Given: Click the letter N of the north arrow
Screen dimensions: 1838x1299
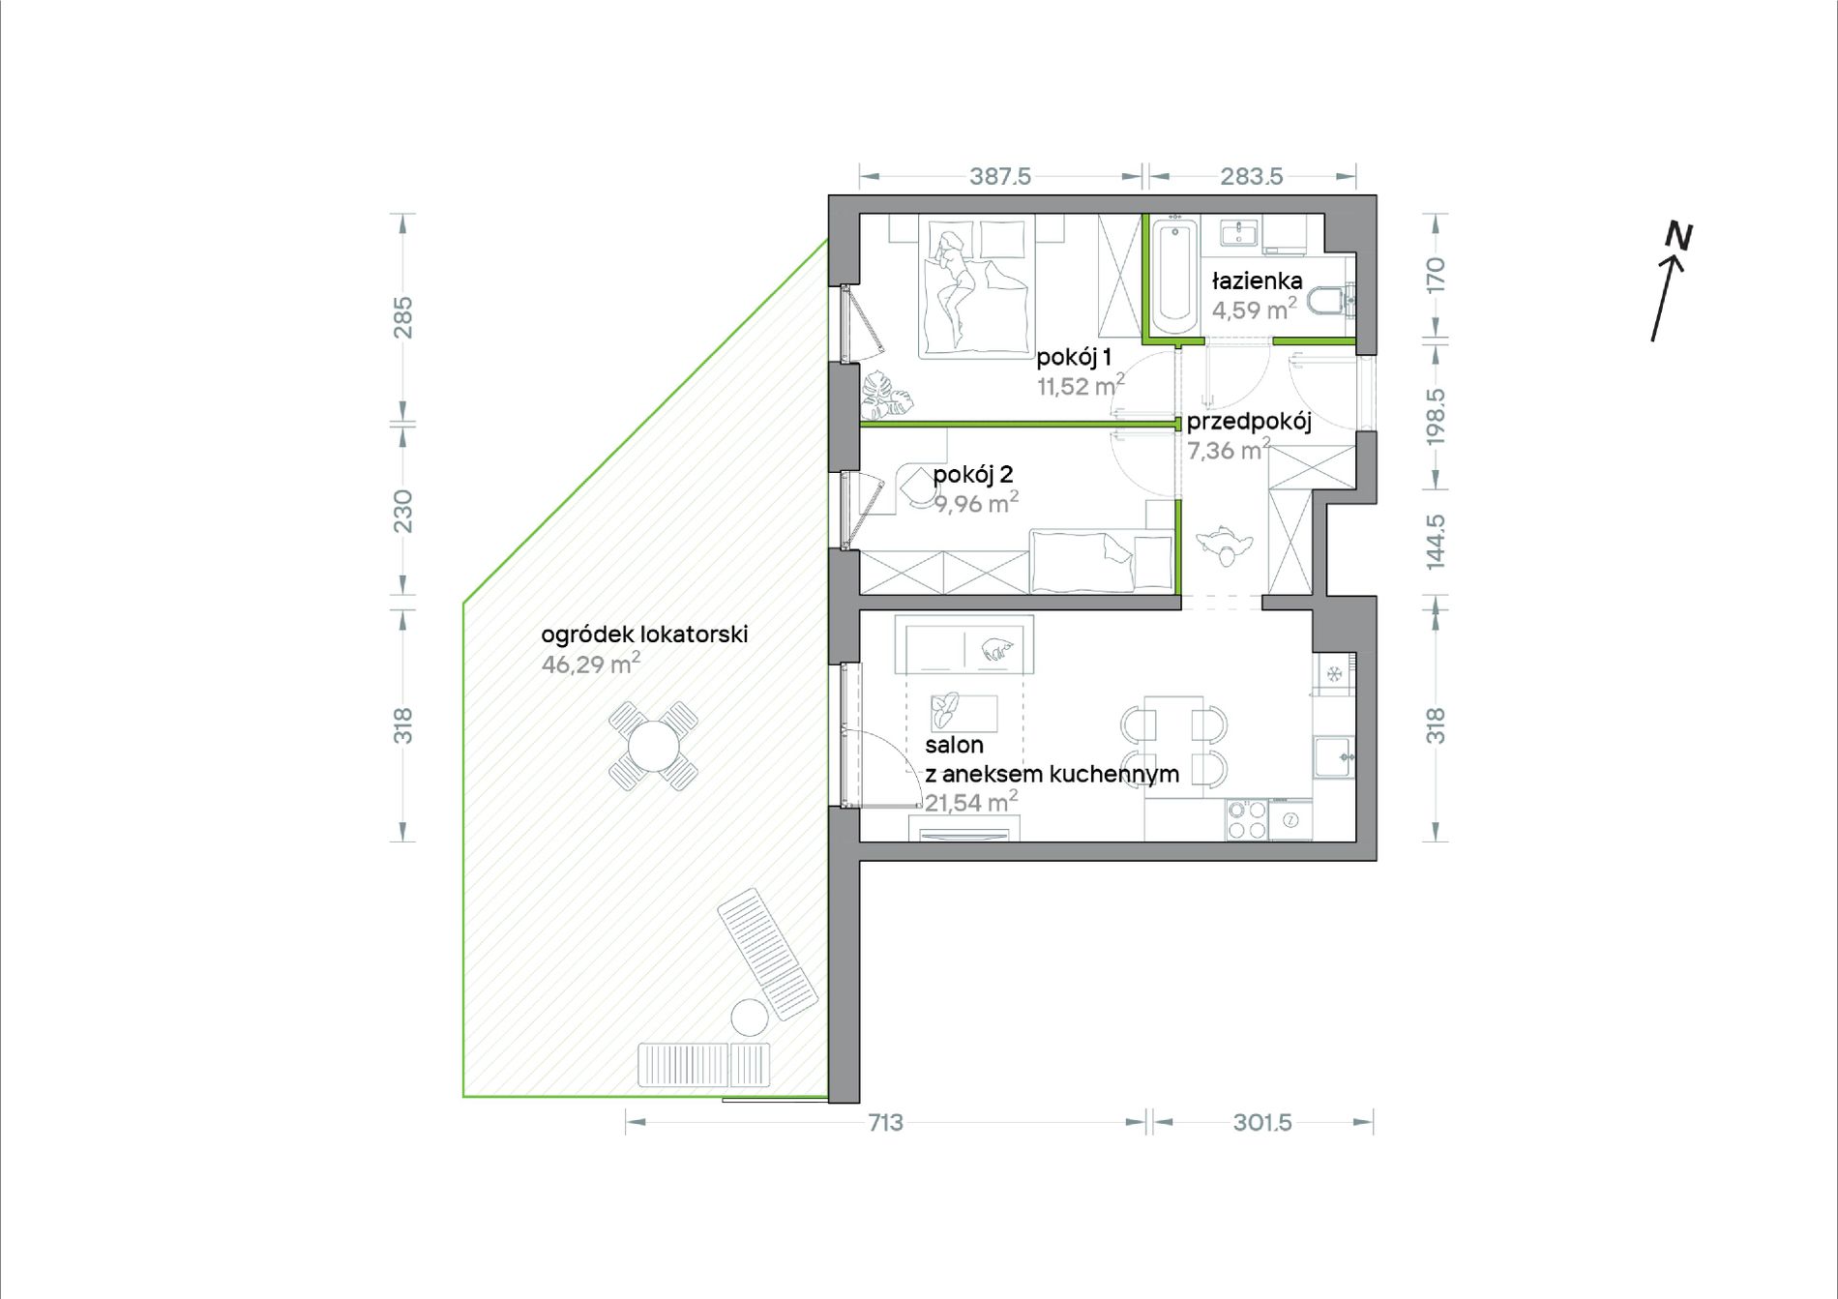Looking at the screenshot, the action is click(1679, 236).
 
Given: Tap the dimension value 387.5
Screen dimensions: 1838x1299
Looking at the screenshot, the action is click(1000, 177).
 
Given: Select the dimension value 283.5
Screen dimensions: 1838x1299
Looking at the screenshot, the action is click(1252, 177).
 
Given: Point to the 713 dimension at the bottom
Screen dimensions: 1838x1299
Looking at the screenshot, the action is click(885, 1122).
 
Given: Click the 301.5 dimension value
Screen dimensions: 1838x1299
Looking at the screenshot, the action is click(1262, 1122).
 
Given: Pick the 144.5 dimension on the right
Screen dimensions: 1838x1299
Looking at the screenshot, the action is click(1436, 542).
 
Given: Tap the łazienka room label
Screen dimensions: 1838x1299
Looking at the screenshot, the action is click(1258, 280).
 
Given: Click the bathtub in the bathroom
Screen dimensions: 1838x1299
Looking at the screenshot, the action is click(1174, 277).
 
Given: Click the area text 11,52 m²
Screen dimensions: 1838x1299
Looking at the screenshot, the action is click(1081, 386).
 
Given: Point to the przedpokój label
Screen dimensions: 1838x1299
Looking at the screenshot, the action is click(1249, 422).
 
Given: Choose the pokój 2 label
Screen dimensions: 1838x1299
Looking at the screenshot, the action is click(973, 474).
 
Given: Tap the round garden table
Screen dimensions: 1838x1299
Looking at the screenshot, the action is click(654, 746).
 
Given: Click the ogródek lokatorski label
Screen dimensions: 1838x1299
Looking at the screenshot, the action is click(644, 635).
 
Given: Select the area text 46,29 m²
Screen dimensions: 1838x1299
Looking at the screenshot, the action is click(591, 664).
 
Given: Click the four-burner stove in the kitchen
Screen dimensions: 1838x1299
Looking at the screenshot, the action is click(1246, 820).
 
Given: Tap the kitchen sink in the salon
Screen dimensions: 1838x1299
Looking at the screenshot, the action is click(1334, 756).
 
